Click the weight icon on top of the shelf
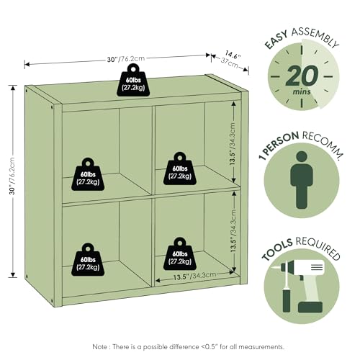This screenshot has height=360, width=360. pos(133,81)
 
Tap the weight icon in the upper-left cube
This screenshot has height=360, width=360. pos(88,174)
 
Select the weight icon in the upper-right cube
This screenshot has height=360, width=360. pos(180,168)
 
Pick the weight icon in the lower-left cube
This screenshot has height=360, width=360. pos(88,260)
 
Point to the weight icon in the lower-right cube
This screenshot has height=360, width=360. pos(180,254)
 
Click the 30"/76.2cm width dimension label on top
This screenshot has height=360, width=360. pos(126,59)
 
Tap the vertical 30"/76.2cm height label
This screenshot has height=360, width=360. pos(12,176)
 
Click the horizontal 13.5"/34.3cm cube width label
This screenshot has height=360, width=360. pos(194,276)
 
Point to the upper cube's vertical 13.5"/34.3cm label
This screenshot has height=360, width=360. pos(233,144)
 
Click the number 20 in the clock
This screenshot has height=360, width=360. pos(302,76)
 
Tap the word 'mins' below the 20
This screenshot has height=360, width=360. pos(302,91)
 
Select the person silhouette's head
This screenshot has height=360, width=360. pos(302,157)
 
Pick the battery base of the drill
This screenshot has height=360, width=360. pos(310,307)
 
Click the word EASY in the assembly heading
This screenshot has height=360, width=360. pos(276,40)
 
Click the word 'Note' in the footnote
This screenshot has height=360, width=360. pos(101,346)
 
